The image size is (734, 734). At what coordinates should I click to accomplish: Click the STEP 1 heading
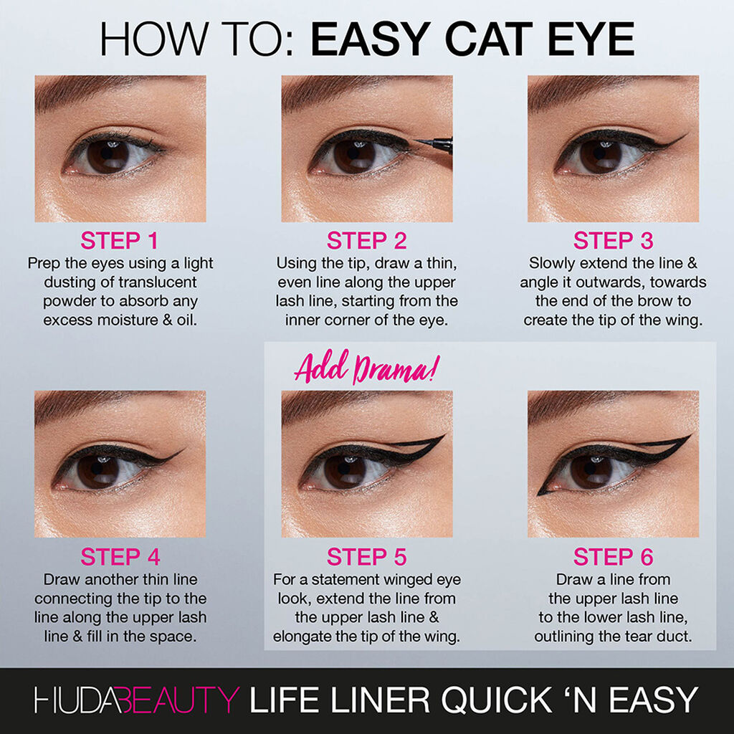[x=120, y=240]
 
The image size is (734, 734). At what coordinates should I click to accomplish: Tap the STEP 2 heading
[x=366, y=240]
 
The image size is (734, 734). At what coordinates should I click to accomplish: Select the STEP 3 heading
[x=613, y=240]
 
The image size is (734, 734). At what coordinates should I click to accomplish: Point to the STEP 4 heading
[x=120, y=557]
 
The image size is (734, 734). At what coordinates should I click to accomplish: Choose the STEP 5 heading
[x=366, y=557]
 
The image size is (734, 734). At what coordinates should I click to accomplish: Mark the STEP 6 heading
[x=613, y=557]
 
